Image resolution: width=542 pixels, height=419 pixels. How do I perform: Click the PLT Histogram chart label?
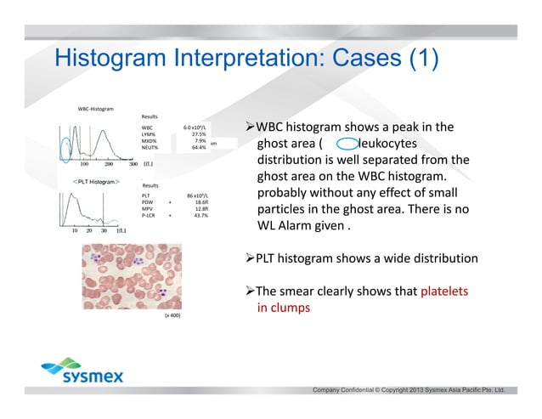coord(92,182)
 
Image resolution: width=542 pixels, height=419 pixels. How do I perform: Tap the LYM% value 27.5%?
coord(199,133)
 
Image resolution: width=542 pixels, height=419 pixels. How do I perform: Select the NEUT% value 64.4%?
coord(199,147)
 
